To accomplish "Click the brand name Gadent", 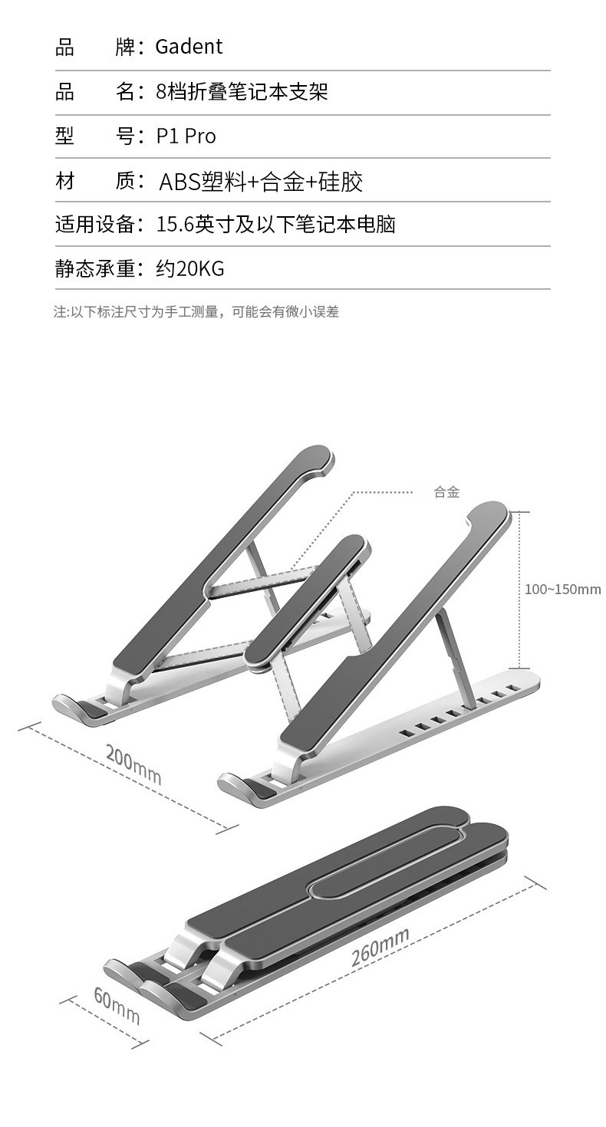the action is click(x=189, y=48).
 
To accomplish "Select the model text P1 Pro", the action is click(x=186, y=136).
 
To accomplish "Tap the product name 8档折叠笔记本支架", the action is click(x=242, y=92).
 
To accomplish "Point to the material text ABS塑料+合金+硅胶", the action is click(x=260, y=182).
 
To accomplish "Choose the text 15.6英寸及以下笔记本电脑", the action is click(x=275, y=225).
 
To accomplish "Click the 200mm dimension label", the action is click(x=133, y=764).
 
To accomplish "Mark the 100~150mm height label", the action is click(x=562, y=590).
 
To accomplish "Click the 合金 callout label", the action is click(x=446, y=492).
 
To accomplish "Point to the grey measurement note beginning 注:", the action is click(x=196, y=312).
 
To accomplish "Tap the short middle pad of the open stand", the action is click(x=307, y=603).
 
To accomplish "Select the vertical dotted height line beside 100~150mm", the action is click(x=520, y=590).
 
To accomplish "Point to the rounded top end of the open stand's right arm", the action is click(x=488, y=517).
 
